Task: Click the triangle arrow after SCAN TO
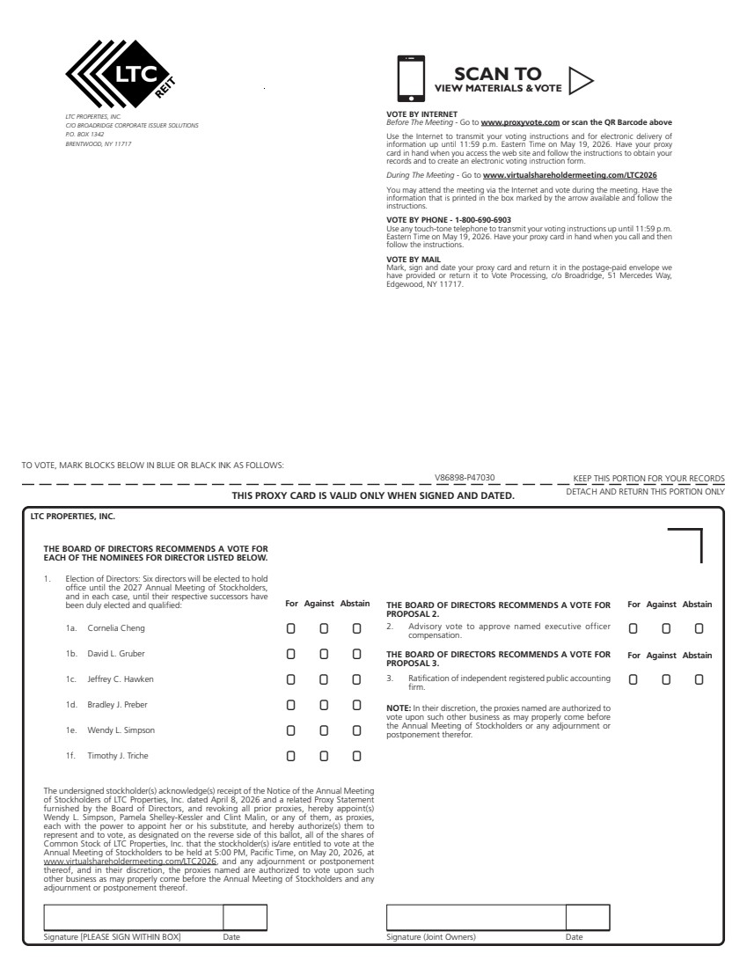(x=580, y=80)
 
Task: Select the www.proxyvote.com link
(x=520, y=122)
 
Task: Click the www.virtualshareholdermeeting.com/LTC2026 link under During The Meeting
(x=569, y=175)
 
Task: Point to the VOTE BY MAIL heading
(x=414, y=259)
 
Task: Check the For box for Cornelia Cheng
(x=290, y=628)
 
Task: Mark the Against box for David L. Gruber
(x=324, y=654)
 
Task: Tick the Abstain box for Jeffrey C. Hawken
(x=357, y=679)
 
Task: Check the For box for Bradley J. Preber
(x=290, y=705)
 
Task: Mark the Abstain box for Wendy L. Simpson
(x=357, y=730)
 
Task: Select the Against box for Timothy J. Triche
(x=324, y=756)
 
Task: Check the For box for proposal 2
(x=633, y=628)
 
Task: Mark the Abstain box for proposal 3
(x=699, y=679)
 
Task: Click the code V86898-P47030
(x=465, y=478)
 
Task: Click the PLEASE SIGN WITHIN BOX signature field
(x=133, y=917)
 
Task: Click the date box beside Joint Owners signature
(x=588, y=917)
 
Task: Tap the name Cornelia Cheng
(x=116, y=628)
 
